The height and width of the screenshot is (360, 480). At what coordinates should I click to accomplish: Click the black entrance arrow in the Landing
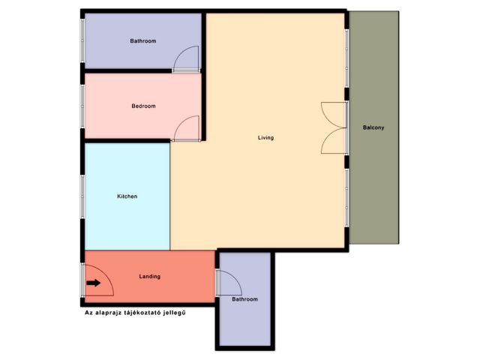[93, 283]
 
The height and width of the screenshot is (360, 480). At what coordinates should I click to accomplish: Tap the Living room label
[265, 138]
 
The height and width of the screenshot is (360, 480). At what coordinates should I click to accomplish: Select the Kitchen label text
[127, 196]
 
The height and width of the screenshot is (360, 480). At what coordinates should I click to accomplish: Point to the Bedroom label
[143, 106]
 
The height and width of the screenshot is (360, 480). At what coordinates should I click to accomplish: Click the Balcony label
[373, 127]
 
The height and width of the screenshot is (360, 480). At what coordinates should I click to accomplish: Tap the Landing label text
[150, 277]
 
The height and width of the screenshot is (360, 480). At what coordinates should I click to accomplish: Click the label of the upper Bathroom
[143, 40]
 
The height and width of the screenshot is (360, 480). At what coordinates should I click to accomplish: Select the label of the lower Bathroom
[245, 299]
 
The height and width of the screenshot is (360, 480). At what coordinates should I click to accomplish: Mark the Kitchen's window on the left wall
[82, 196]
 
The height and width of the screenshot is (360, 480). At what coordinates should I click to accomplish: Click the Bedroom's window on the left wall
[82, 106]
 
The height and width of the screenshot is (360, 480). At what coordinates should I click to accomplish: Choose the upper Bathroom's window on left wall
[82, 40]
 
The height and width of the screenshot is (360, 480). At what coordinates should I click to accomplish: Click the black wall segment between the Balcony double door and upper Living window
[346, 94]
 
